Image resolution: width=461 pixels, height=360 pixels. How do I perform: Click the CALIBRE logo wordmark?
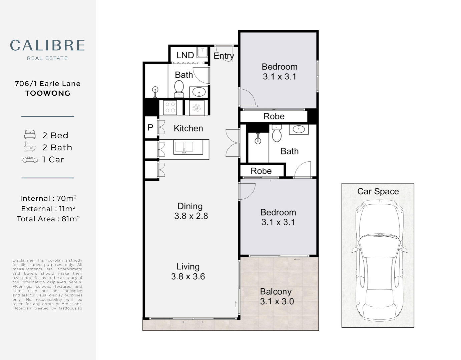click(x=47, y=46)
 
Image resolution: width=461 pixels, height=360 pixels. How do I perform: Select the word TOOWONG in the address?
click(x=48, y=93)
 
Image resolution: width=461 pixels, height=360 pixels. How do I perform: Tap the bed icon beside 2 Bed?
click(x=30, y=135)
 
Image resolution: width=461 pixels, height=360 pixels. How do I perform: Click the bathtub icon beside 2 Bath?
click(x=30, y=147)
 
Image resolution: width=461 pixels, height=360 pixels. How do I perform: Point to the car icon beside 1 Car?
click(x=30, y=160)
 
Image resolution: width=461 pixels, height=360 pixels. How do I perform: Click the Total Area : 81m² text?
click(x=48, y=219)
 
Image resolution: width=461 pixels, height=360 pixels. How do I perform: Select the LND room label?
click(x=185, y=55)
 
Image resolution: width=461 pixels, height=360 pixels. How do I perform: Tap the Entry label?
click(x=223, y=56)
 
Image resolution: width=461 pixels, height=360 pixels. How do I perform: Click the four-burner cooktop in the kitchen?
click(x=170, y=108)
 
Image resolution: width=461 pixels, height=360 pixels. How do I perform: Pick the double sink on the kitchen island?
click(x=183, y=147)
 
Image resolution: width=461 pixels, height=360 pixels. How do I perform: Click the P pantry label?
click(x=150, y=127)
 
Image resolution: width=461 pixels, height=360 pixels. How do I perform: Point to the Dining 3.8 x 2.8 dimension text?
click(x=191, y=211)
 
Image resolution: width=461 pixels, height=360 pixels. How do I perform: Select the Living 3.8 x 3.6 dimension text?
click(x=188, y=272)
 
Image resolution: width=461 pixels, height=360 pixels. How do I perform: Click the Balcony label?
click(x=276, y=292)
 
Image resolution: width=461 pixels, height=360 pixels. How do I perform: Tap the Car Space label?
click(x=378, y=191)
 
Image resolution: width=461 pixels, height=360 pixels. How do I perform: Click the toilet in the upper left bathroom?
click(x=179, y=88)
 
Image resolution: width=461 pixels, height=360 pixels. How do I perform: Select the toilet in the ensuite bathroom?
click(x=277, y=134)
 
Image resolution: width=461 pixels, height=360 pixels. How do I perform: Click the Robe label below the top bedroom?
click(x=274, y=116)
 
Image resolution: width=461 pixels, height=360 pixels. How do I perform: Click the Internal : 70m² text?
click(x=48, y=199)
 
